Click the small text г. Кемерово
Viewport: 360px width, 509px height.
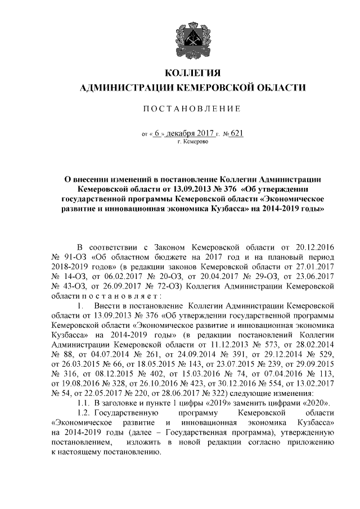(193, 142)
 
